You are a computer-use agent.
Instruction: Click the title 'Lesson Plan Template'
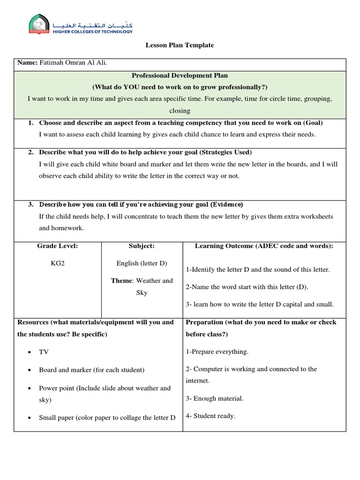click(x=180, y=45)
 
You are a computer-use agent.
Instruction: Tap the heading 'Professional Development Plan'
click(x=180, y=75)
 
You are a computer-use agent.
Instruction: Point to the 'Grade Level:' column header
click(x=58, y=246)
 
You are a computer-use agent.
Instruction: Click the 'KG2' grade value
click(x=58, y=263)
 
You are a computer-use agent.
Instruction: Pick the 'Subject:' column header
click(x=142, y=246)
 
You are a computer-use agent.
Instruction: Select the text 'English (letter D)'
click(x=142, y=263)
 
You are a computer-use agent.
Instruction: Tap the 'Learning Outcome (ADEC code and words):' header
click(x=264, y=246)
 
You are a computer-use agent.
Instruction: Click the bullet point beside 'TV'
click(x=30, y=352)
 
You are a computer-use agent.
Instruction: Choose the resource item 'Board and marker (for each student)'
click(x=92, y=370)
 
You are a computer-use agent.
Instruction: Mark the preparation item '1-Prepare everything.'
click(x=217, y=352)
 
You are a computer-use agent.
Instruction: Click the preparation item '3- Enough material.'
click(x=215, y=398)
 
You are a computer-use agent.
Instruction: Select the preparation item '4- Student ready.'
click(x=210, y=416)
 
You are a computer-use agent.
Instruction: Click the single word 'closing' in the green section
click(x=180, y=111)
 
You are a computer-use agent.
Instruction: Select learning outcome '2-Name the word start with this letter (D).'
click(x=247, y=287)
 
